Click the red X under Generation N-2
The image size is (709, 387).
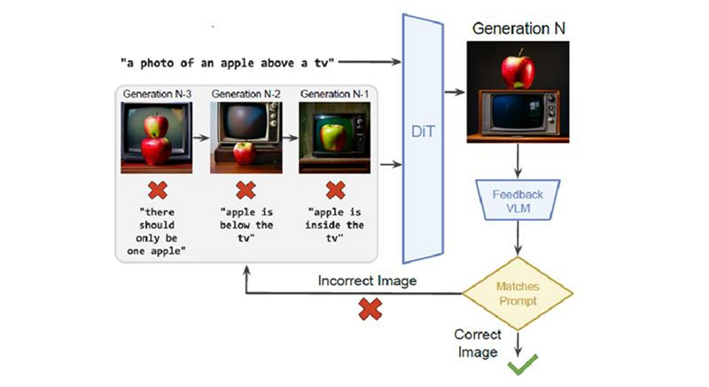tap(245, 191)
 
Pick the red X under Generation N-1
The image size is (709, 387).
tap(335, 191)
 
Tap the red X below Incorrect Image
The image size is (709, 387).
tap(369, 309)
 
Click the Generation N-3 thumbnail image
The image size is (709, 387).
tap(156, 138)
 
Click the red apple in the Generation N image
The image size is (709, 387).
tap(517, 69)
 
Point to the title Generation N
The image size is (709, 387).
tap(518, 28)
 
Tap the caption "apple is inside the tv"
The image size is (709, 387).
tap(335, 226)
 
